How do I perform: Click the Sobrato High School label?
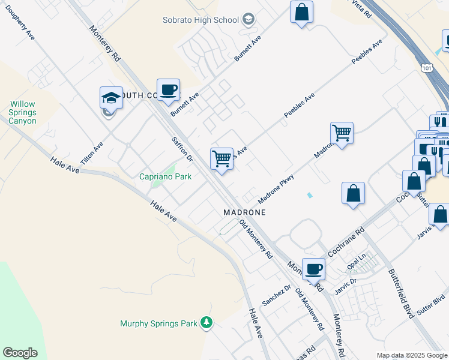pyautogui.click(x=201, y=20)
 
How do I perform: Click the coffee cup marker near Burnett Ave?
pyautogui.click(x=168, y=90)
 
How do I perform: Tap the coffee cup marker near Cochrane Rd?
pyautogui.click(x=313, y=269)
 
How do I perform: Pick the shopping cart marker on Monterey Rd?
pyautogui.click(x=221, y=159)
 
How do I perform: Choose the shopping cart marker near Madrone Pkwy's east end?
pyautogui.click(x=342, y=133)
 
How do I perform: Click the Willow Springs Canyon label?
pyautogui.click(x=23, y=112)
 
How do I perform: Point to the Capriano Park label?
pyautogui.click(x=165, y=176)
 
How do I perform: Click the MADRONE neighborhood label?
pyautogui.click(x=244, y=212)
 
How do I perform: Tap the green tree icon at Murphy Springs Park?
pyautogui.click(x=206, y=323)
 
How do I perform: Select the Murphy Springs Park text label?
pyautogui.click(x=158, y=323)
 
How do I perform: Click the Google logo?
pyautogui.click(x=20, y=353)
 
